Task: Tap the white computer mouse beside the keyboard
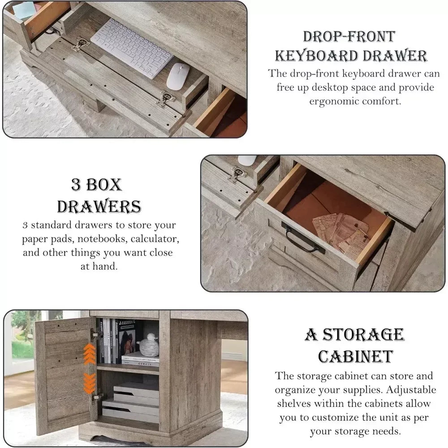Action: coord(178,76)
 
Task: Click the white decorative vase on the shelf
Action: coord(149,345)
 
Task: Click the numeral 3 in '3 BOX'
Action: coord(76,185)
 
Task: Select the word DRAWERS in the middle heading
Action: coord(99,207)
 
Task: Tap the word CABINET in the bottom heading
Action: coord(355,356)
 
